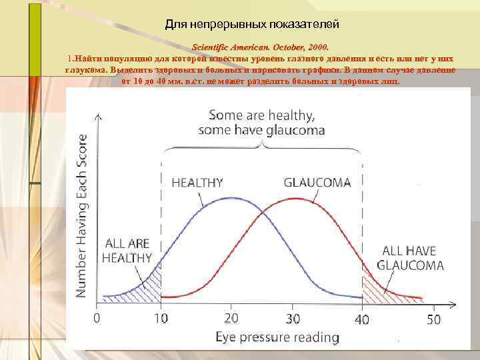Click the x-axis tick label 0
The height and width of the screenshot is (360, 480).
[98, 319]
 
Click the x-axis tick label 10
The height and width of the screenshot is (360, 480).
[162, 319]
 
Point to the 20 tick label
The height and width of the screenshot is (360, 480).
[230, 319]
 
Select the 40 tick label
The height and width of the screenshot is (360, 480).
[362, 319]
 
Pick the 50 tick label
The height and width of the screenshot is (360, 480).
[433, 319]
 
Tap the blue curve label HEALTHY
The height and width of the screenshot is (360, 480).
[197, 181]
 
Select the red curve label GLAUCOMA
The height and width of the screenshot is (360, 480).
[317, 181]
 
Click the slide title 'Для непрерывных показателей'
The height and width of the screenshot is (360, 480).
[252, 25]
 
